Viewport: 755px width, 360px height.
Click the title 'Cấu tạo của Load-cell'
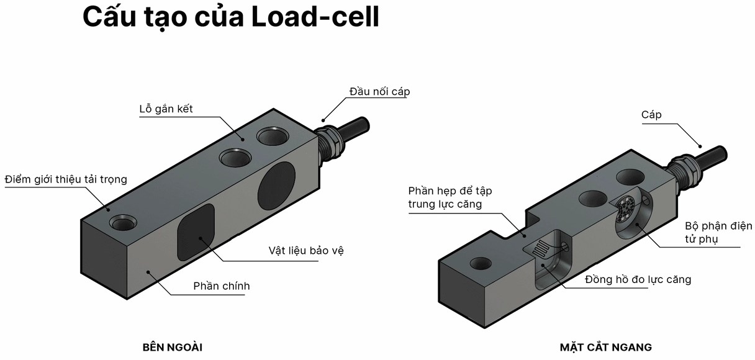click(x=230, y=17)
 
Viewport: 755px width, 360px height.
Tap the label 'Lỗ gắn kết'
click(x=166, y=109)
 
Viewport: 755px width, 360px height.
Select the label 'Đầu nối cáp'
click(x=379, y=91)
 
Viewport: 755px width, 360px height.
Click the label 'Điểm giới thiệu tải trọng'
click(x=65, y=179)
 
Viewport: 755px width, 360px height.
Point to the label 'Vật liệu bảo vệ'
click(x=305, y=251)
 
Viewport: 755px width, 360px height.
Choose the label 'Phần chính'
click(x=221, y=286)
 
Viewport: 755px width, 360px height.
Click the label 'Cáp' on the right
click(x=651, y=115)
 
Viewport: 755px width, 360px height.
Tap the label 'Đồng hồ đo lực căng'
click(x=638, y=279)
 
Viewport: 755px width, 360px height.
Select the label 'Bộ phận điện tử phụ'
click(x=718, y=232)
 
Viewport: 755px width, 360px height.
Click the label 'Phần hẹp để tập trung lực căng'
click(x=450, y=197)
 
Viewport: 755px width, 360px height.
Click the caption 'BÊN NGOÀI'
click(x=172, y=347)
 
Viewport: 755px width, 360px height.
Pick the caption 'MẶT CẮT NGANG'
click(x=605, y=347)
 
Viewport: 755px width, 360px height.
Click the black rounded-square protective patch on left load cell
click(x=196, y=232)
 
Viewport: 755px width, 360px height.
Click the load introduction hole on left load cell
click(x=120, y=222)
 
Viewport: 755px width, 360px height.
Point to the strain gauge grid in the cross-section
click(x=541, y=250)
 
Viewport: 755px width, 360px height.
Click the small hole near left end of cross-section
click(x=481, y=263)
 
